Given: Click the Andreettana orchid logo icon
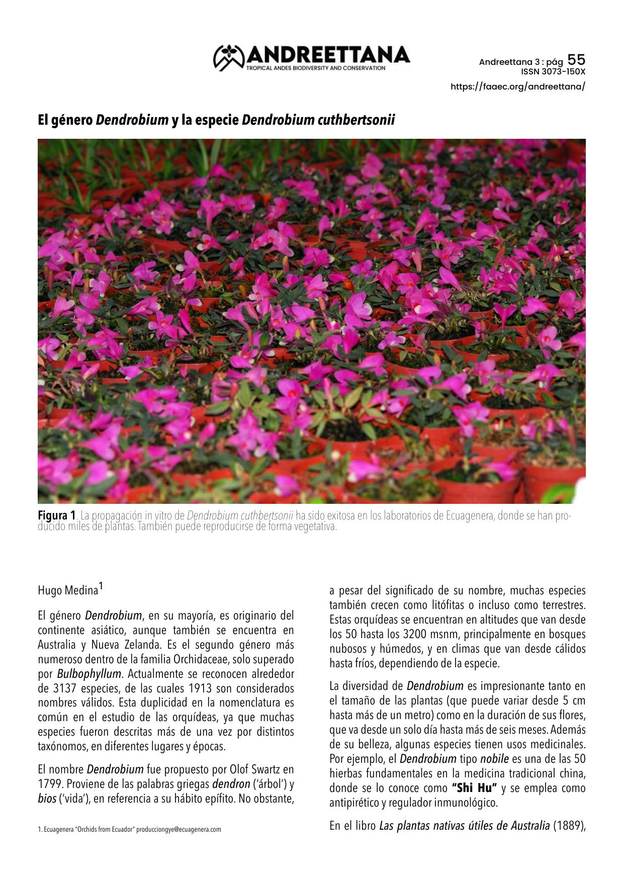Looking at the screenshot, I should pos(229,57).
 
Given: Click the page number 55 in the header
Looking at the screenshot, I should pos(576,60).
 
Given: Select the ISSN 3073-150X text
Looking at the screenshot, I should pos(553,71).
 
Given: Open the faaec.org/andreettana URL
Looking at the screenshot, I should pos(517,86).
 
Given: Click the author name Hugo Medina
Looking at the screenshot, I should pos(68,590).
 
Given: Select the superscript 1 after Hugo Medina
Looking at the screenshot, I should pos(101,586).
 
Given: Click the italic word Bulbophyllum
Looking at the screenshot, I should pos(89,674).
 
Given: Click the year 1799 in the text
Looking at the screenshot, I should pos(50,784).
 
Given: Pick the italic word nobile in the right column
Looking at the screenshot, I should pos(494,759).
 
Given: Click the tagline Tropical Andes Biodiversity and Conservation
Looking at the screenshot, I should pos(316,68).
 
